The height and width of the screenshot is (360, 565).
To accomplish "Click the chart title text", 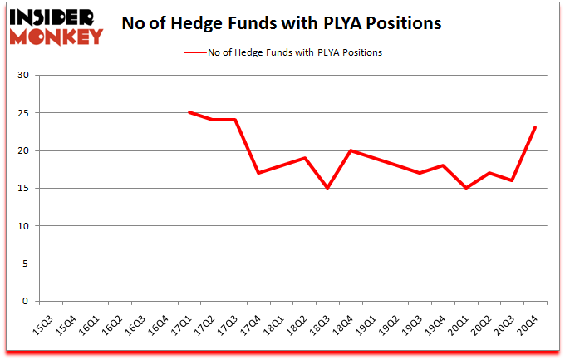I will pyautogui.click(x=282, y=23).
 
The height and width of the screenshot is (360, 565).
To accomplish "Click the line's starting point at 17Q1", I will pyautogui.click(x=189, y=112).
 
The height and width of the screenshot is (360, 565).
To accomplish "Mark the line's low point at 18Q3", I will pyautogui.click(x=327, y=188).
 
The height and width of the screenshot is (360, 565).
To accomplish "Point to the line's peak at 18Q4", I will pyautogui.click(x=351, y=150).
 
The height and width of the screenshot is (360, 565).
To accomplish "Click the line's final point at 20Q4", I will pyautogui.click(x=535, y=127).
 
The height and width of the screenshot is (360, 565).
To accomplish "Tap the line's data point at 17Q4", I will pyautogui.click(x=258, y=173).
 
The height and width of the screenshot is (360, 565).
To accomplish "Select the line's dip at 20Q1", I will pyautogui.click(x=466, y=188).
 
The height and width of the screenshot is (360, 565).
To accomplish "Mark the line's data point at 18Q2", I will pyautogui.click(x=305, y=158).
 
